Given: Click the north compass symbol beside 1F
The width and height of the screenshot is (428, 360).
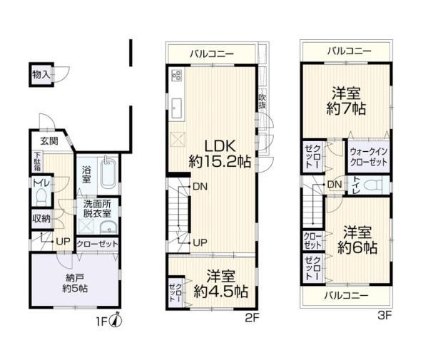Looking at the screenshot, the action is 116,321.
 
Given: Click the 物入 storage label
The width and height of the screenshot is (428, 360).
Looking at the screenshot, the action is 41,74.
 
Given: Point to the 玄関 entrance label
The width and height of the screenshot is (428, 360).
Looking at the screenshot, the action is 49,140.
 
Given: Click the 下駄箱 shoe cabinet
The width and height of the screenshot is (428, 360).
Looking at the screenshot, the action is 37,161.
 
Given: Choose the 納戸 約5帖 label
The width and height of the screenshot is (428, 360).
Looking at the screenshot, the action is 75,283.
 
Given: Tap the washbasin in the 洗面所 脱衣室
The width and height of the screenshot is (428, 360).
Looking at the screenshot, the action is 108,227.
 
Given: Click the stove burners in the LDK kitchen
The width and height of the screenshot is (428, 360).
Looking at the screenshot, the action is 177,76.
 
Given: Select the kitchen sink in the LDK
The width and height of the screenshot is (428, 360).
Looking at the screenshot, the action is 176,108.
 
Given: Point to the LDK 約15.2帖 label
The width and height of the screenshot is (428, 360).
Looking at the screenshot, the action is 220,154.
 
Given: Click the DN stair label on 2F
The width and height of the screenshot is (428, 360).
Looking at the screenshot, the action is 200,187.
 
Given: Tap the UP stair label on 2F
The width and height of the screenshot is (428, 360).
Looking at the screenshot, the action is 200,242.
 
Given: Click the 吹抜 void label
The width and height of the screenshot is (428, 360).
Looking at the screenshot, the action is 262,101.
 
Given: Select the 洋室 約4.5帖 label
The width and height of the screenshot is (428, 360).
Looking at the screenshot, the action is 220,284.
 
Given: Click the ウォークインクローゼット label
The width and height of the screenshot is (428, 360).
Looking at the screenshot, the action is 369,157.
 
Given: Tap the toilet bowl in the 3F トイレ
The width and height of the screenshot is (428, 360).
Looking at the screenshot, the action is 373,185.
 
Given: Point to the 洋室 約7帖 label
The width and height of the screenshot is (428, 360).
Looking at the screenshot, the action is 346,101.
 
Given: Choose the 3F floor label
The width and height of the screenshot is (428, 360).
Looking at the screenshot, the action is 384,316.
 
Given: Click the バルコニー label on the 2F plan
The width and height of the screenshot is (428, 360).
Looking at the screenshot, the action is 212,53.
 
